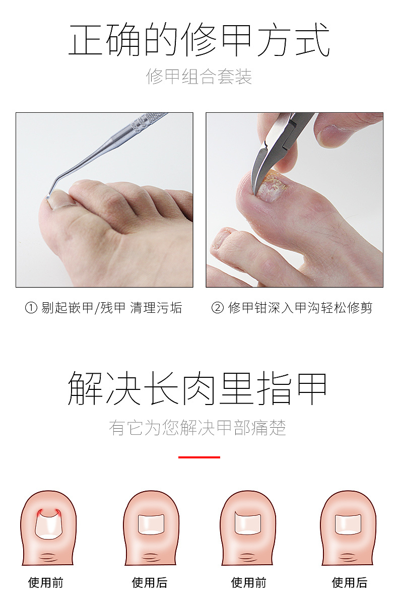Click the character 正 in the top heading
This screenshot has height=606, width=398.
coord(86,40)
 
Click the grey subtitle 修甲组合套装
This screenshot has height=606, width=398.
coord(199,77)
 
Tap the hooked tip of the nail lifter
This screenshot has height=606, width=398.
coord(47,197)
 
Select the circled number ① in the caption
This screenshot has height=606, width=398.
coord(31,308)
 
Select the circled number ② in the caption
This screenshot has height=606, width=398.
coord(217,308)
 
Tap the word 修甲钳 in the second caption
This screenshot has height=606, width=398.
coord(244,308)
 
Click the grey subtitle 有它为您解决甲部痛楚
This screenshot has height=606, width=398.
coord(198,428)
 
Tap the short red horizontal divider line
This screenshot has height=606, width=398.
coord(199,457)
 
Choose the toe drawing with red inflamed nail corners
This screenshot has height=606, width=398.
coord(48,527)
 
